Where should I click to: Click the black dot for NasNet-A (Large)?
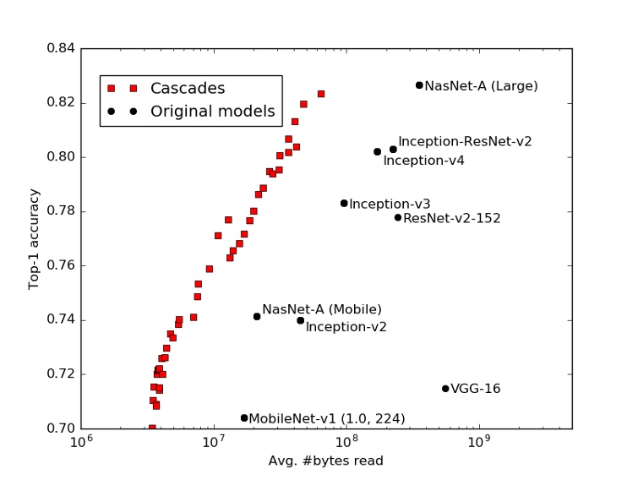tap(419, 85)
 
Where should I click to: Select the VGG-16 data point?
tap(445, 389)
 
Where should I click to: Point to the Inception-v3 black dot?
tap(344, 204)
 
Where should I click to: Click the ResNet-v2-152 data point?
tap(398, 217)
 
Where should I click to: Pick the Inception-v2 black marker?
tap(300, 320)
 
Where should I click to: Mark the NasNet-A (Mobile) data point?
tap(257, 317)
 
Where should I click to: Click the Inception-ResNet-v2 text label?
tap(465, 142)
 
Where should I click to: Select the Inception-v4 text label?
tap(423, 161)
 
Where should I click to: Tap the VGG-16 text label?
tap(475, 390)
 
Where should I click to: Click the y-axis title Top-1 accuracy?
tap(35, 238)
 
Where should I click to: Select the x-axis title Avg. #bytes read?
tap(325, 461)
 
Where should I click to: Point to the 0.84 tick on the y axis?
tap(59, 48)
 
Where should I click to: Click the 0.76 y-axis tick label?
tap(59, 265)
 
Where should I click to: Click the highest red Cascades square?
tap(321, 94)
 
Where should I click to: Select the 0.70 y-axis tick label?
tap(59, 428)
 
